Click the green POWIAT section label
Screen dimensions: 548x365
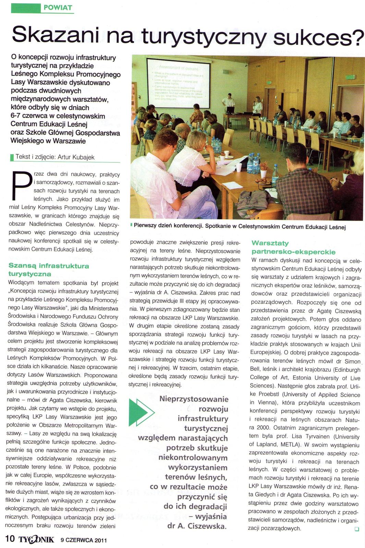pyautogui.click(x=58, y=8)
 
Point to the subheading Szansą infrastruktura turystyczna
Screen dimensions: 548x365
pyautogui.click(x=48, y=270)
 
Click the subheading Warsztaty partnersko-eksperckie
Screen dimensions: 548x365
pyautogui.click(x=293, y=247)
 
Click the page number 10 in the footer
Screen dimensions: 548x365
pyautogui.click(x=10, y=538)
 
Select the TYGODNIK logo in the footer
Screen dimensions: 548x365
pyautogui.click(x=36, y=539)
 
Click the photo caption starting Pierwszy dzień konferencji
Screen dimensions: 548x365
pyautogui.click(x=240, y=226)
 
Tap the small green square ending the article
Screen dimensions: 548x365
pyautogui.click(x=357, y=529)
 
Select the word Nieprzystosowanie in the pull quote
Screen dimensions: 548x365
pyautogui.click(x=194, y=399)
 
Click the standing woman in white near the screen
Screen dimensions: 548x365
pyautogui.click(x=257, y=106)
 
